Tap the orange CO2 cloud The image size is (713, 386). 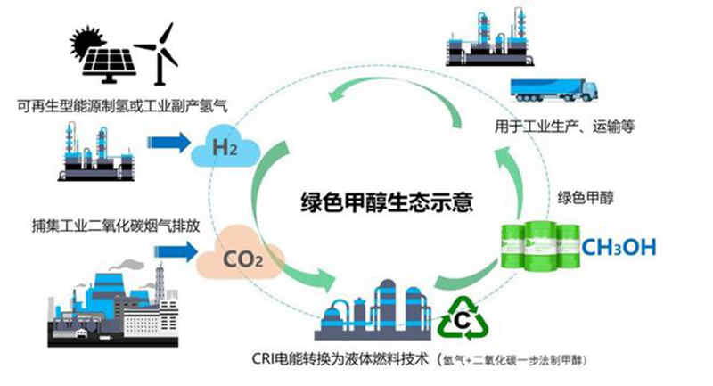coord(237,259)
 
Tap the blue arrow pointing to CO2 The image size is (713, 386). coord(175,253)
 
